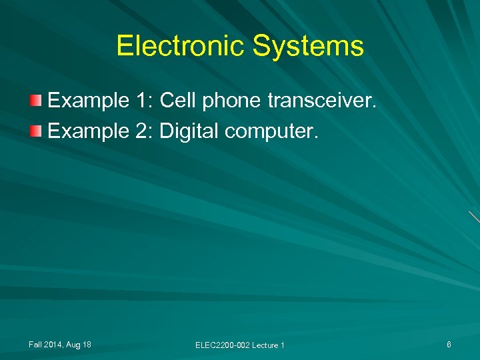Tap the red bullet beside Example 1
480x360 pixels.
(x=36, y=101)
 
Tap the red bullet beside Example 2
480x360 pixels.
(x=36, y=131)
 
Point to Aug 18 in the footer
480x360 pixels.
(x=79, y=344)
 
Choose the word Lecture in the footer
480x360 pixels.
(x=265, y=345)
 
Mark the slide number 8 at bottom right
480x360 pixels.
(x=449, y=344)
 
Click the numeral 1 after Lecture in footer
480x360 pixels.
(x=283, y=345)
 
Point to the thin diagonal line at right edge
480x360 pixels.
(x=474, y=217)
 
